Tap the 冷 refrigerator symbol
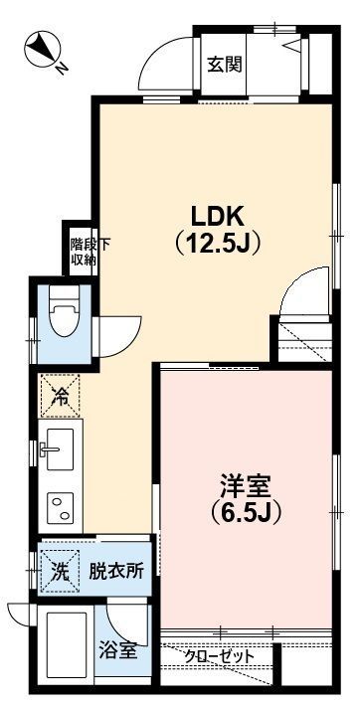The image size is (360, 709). click(x=60, y=397)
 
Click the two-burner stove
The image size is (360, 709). click(x=61, y=507)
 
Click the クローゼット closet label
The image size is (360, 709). click(x=220, y=657)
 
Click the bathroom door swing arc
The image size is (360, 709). click(x=126, y=623)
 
